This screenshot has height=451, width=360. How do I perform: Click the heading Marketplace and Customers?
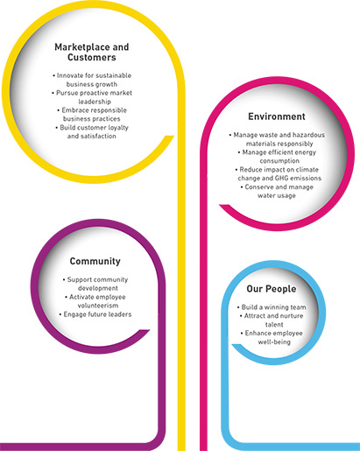(x=92, y=52)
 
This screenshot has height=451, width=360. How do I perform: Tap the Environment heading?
(x=277, y=116)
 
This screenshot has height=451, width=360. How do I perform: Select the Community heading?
(x=95, y=261)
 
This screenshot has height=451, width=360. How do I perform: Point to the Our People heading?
(x=272, y=289)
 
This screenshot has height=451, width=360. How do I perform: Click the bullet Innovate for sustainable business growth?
(x=92, y=80)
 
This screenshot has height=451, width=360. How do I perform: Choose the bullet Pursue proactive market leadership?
(x=92, y=97)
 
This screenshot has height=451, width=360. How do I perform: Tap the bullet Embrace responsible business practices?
(x=92, y=115)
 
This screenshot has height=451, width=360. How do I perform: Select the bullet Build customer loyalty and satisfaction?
(x=92, y=131)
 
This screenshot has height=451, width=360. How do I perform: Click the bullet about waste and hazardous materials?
(x=277, y=139)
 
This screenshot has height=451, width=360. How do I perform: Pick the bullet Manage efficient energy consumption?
(x=277, y=157)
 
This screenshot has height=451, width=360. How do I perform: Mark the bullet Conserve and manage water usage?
(x=277, y=191)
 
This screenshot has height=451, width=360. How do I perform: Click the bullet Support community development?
(x=95, y=284)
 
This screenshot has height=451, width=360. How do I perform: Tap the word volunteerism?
(x=98, y=306)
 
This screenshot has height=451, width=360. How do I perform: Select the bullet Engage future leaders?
(x=95, y=314)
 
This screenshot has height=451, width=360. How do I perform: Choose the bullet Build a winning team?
(x=272, y=307)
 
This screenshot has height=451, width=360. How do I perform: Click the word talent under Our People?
(x=274, y=324)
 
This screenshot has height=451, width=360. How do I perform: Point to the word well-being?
(x=274, y=342)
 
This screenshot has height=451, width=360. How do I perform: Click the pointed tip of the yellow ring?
(x=173, y=136)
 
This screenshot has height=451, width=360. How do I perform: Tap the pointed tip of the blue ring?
(x=232, y=345)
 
